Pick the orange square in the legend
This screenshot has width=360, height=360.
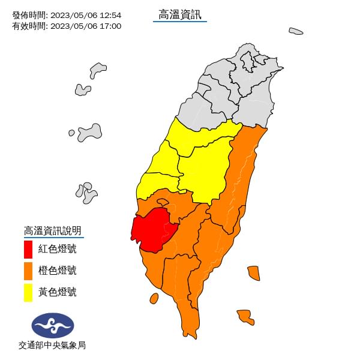(28, 271)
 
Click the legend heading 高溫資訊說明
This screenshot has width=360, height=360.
(52, 230)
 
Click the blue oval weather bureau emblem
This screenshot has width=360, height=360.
(53, 326)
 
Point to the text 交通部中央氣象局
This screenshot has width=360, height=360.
(52, 346)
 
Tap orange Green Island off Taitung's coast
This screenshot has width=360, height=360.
(253, 273)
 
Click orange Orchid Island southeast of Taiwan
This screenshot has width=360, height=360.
(245, 316)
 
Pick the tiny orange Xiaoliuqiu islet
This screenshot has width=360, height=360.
(154, 298)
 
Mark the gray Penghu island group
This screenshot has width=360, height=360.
(88, 192)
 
